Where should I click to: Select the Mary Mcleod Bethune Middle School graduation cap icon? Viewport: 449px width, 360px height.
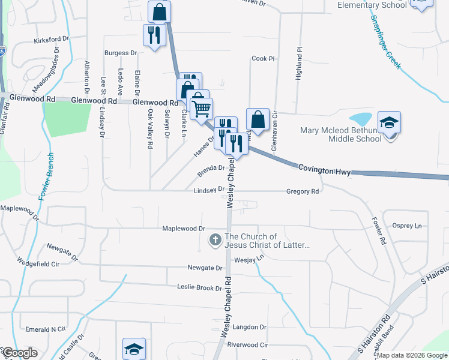coord(389,124)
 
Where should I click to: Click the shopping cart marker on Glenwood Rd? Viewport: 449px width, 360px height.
coord(201,108)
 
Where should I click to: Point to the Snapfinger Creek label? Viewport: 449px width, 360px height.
coord(385,41)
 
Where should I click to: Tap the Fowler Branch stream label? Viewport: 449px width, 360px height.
coord(47,176)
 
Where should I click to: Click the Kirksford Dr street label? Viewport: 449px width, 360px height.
coord(52,39)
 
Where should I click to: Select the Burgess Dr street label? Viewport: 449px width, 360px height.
coord(121,53)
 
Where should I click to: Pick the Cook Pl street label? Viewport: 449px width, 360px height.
coord(263,59)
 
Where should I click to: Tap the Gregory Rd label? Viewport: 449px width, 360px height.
coord(303,191)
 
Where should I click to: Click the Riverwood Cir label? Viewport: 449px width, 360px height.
coord(247,345)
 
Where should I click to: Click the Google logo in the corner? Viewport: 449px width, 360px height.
coord(19,353)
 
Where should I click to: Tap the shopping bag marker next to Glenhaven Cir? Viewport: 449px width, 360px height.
coord(258,119)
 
